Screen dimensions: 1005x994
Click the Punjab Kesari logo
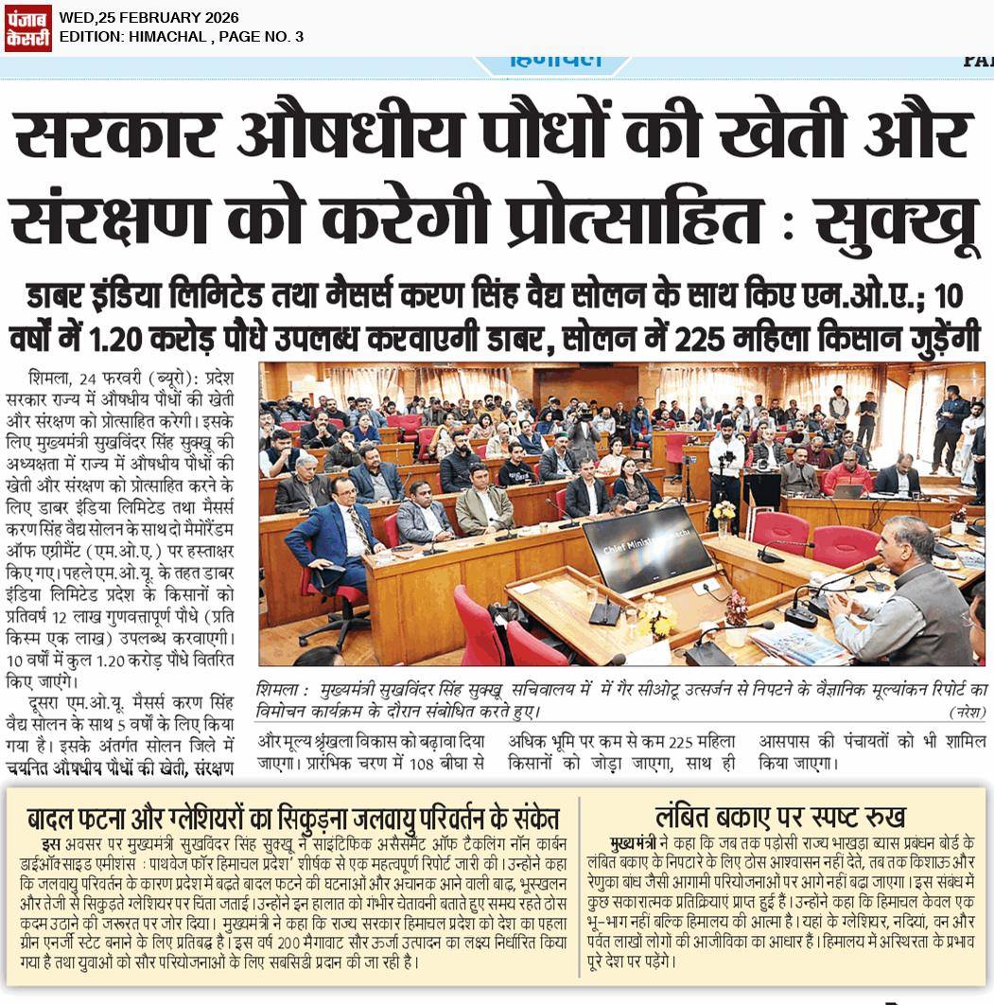point(27,26)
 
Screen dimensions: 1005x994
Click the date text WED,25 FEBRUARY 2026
point(148,18)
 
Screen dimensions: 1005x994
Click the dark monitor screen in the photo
point(646,546)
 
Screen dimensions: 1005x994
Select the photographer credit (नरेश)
point(966,712)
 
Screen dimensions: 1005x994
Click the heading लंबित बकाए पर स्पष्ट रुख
point(780,817)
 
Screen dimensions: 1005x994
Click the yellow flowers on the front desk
point(655,620)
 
